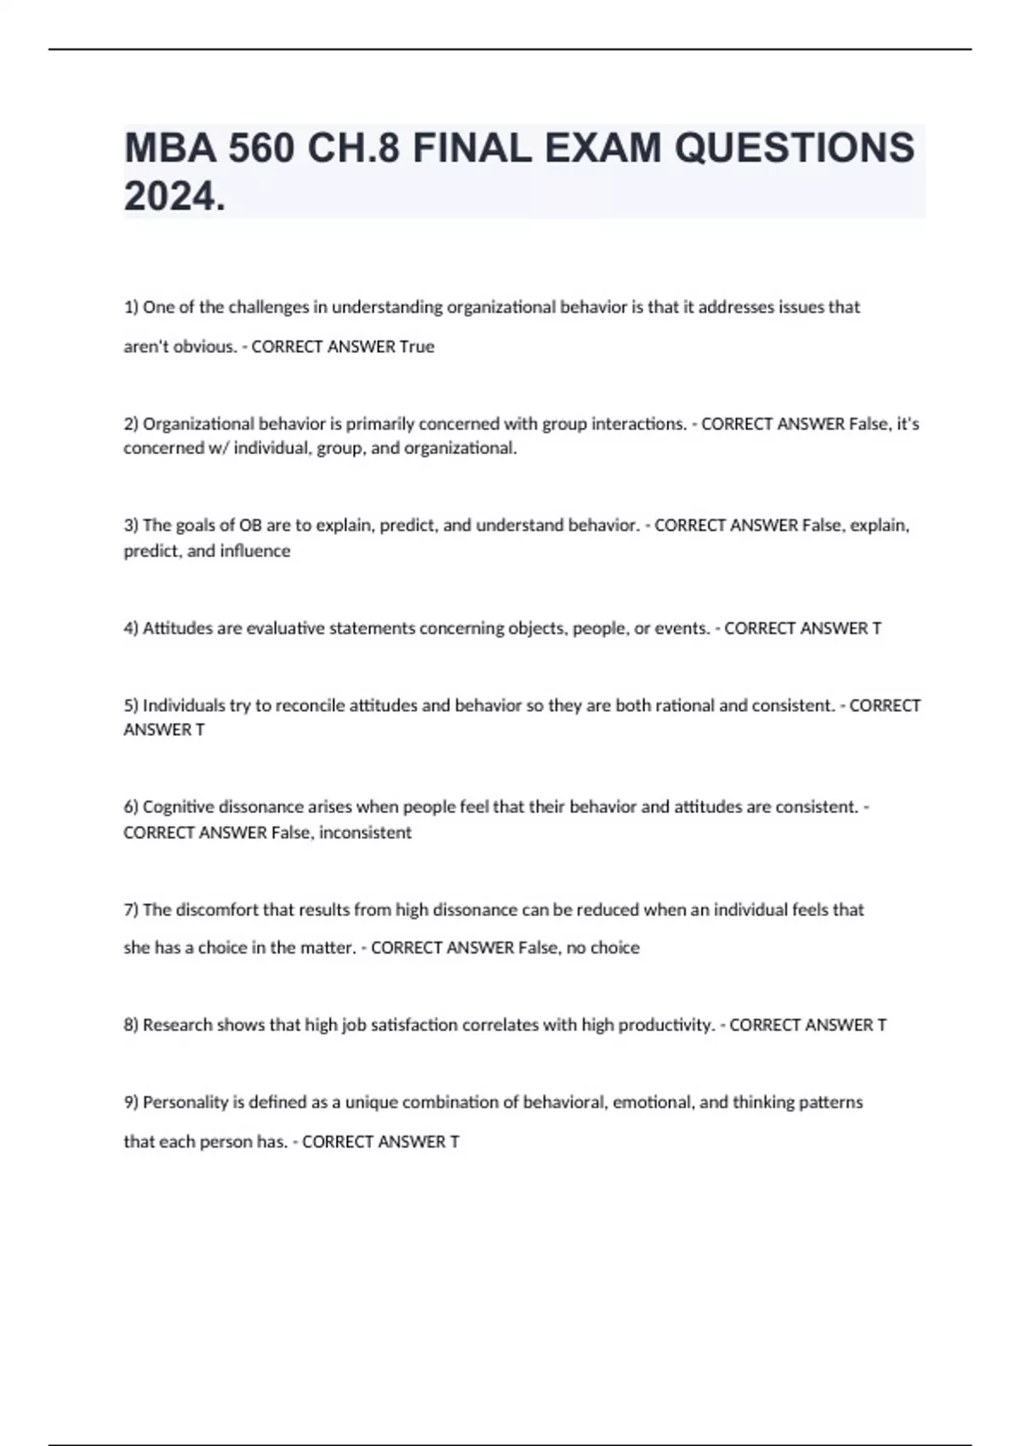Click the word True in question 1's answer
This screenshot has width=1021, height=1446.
coord(417,347)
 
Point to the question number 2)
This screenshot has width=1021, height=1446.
coord(131,424)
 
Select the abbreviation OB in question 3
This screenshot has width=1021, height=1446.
coord(250,526)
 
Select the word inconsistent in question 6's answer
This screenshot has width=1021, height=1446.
coord(365,833)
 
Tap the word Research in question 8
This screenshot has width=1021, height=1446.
coord(177,1025)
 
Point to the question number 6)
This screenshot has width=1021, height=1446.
coord(131,806)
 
